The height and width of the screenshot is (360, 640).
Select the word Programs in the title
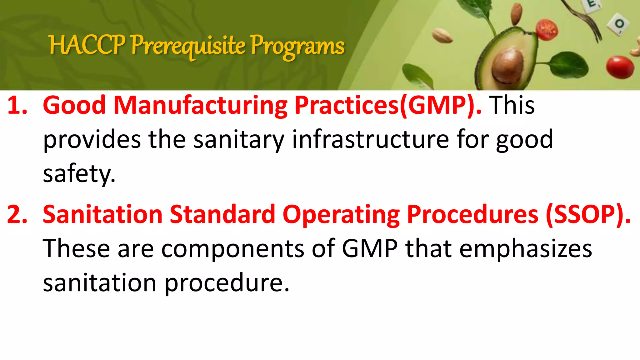tap(297, 47)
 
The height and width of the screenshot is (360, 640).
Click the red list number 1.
tap(17, 105)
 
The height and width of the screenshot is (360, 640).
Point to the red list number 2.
tap(17, 215)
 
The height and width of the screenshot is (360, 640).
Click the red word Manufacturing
tap(200, 105)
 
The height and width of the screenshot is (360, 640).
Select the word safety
tap(79, 174)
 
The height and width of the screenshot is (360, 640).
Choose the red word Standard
tap(222, 215)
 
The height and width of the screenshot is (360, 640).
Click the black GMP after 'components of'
tap(370, 249)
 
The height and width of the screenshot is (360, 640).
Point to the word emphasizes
tap(526, 249)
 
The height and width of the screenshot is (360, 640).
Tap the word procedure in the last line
tap(227, 283)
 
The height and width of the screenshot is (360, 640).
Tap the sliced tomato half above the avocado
tap(547, 29)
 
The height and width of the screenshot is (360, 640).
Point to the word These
tap(76, 249)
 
